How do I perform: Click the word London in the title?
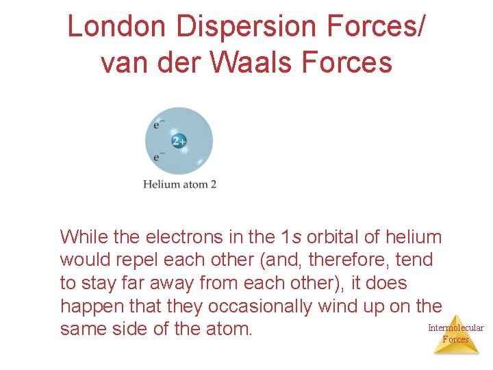(x=116, y=27)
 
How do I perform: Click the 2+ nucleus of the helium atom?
(x=179, y=142)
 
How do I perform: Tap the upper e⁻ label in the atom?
(x=158, y=125)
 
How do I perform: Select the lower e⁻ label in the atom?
(x=158, y=157)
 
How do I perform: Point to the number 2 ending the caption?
(x=213, y=184)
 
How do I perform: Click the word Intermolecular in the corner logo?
(x=455, y=328)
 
